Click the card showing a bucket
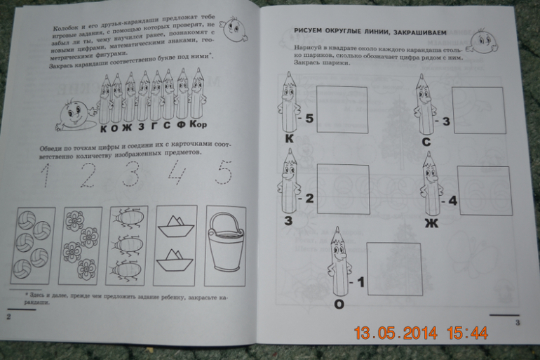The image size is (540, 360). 227,242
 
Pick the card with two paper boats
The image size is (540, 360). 175,243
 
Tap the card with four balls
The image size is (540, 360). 32,246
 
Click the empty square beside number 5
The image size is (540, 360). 340,109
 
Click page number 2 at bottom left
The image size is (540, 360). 9,317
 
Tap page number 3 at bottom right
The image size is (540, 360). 517,323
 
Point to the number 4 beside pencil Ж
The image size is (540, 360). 452,201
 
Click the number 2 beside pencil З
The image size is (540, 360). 309,198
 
